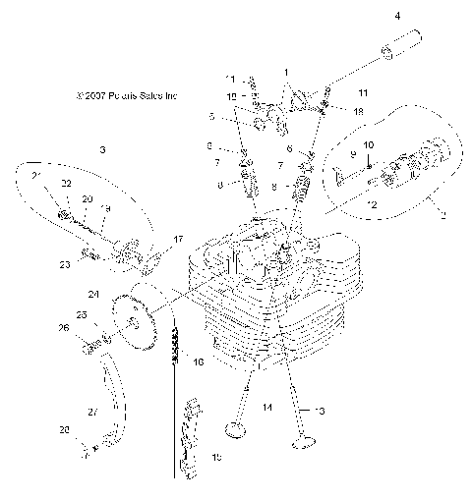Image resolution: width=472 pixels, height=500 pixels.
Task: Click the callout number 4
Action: click(397, 17)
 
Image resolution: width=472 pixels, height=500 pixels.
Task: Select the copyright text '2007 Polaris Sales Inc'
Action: click(128, 96)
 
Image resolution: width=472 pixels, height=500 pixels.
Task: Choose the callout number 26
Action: click(65, 328)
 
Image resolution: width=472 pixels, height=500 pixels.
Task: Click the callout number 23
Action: click(65, 263)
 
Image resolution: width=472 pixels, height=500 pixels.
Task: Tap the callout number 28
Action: click(65, 430)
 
